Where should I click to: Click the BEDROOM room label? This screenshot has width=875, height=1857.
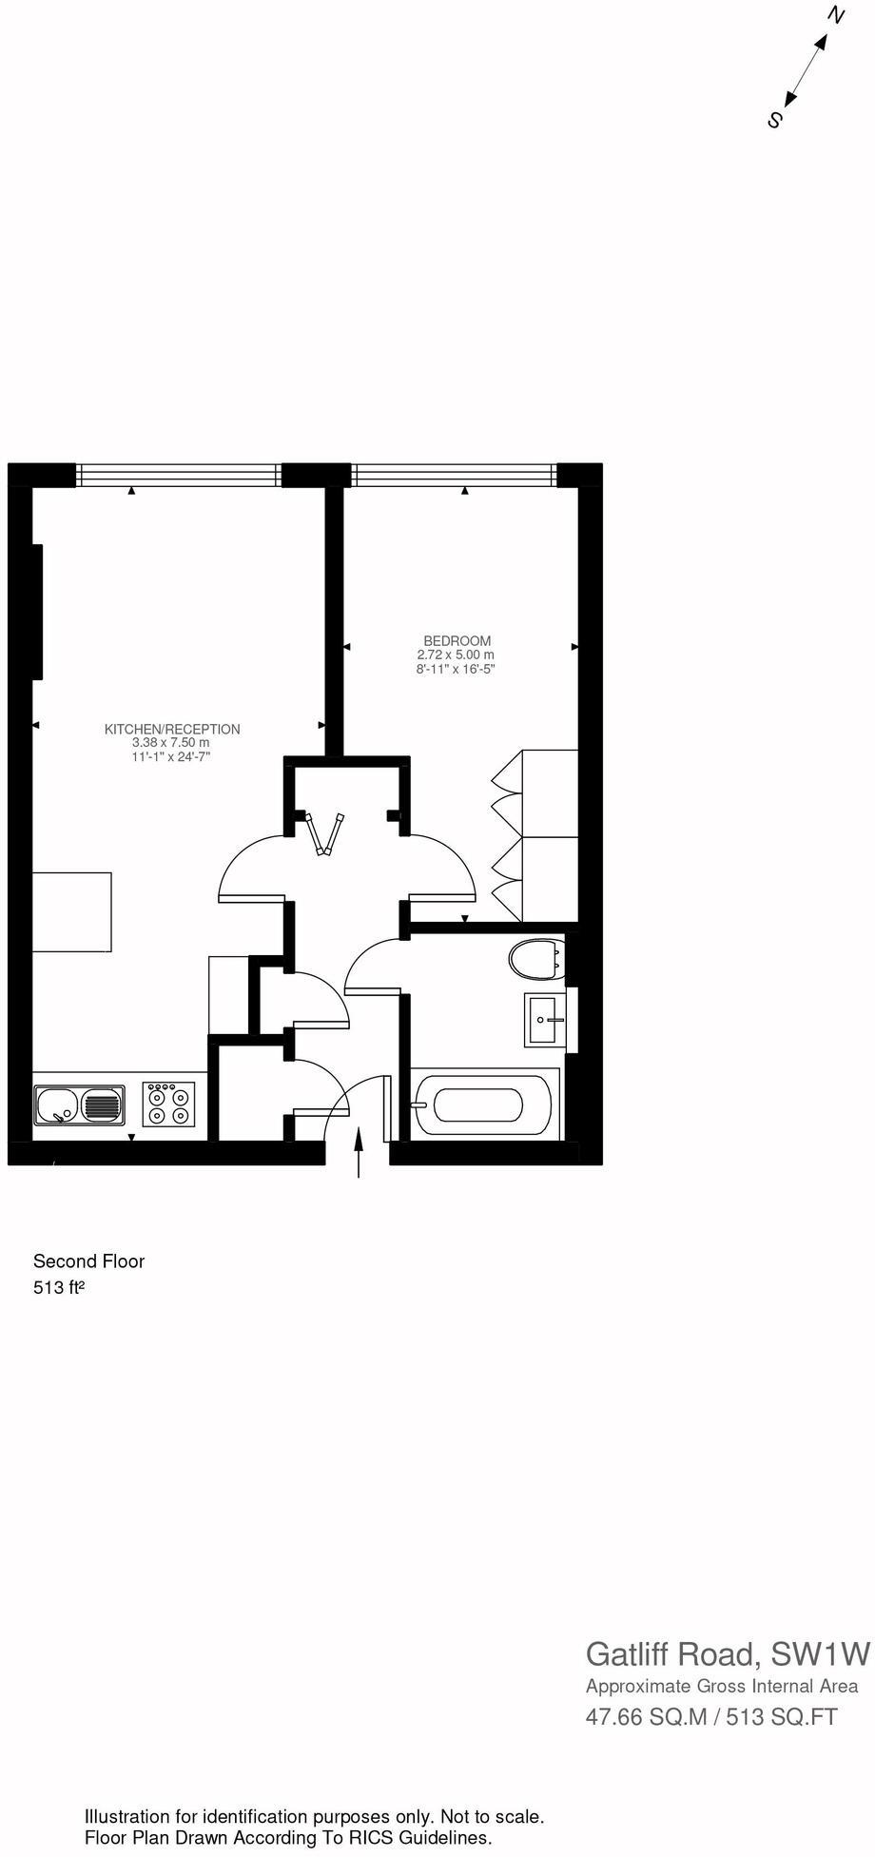[x=457, y=641]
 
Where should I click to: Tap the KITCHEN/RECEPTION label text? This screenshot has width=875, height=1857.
[x=172, y=730]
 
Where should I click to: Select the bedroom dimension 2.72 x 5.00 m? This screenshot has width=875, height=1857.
[x=456, y=655]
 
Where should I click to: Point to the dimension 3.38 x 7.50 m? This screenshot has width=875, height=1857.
[x=171, y=743]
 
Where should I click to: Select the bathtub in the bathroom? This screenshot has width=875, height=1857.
[x=478, y=1105]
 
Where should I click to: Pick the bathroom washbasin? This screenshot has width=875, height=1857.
[x=545, y=1020]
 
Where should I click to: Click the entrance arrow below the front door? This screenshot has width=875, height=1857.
[x=359, y=1152]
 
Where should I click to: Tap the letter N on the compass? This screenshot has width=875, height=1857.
[x=836, y=15]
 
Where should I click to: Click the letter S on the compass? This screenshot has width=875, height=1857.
[x=775, y=121]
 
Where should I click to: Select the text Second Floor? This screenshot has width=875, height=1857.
[x=88, y=1261]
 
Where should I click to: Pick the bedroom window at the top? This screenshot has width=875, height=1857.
[x=454, y=473]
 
